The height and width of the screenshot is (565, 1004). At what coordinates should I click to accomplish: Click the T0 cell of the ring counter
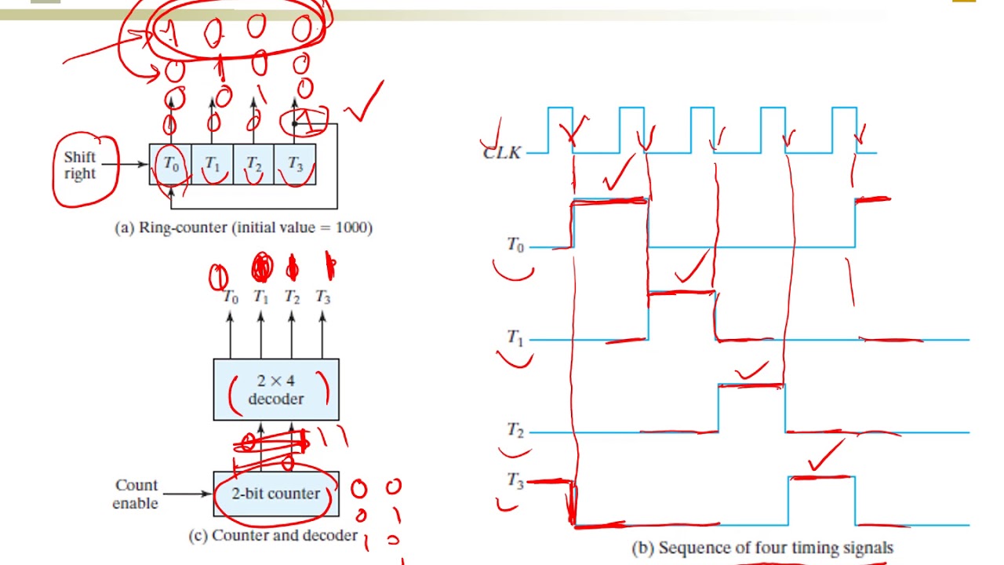170,164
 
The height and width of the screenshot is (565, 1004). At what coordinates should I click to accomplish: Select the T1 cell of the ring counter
212,164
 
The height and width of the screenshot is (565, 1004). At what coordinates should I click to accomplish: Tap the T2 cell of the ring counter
253,164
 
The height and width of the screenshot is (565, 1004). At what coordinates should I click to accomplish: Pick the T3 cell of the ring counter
295,164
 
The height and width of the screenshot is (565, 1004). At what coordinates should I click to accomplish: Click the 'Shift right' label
80,166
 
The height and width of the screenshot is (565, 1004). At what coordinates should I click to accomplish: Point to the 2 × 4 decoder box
276,389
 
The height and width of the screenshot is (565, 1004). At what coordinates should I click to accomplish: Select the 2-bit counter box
276,494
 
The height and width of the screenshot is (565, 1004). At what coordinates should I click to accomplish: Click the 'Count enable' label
136,494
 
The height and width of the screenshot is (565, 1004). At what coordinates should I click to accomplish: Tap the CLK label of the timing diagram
502,152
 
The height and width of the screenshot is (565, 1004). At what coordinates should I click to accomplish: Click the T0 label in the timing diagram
515,245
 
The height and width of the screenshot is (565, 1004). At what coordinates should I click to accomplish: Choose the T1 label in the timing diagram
515,337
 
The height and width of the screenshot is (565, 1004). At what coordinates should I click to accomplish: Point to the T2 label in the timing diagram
515,430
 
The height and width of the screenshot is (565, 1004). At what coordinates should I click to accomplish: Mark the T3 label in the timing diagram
515,481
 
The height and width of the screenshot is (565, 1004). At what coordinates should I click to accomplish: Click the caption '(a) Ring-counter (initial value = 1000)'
244,228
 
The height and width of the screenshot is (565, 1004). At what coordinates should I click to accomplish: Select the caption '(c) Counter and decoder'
273,536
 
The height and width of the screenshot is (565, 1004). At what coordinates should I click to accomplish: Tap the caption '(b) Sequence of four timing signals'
762,548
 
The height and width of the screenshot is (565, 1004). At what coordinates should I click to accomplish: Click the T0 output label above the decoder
230,297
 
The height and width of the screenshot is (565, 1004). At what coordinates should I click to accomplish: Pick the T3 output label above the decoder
322,297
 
